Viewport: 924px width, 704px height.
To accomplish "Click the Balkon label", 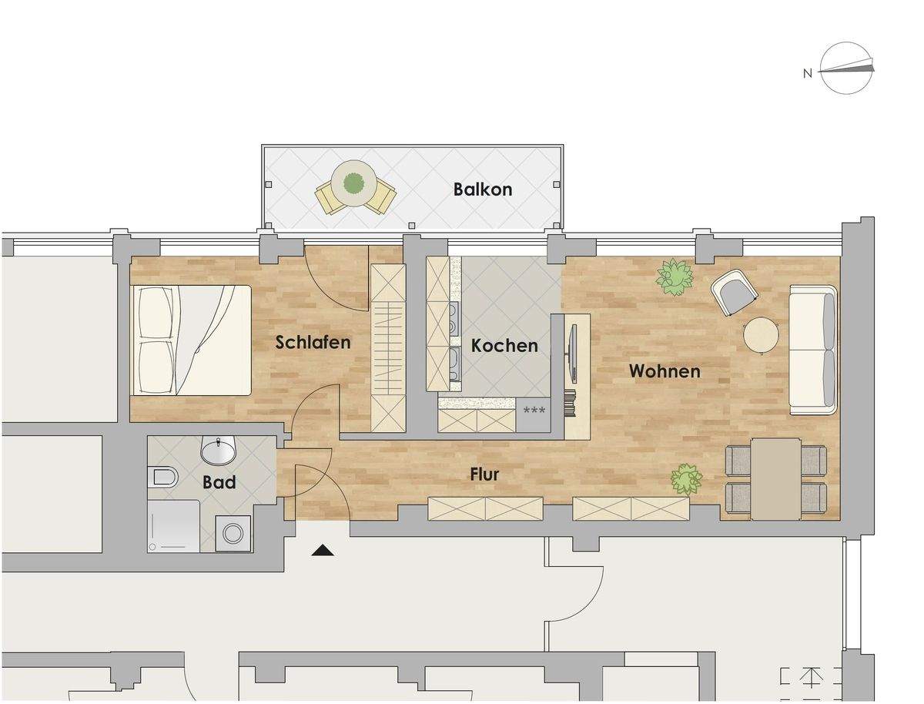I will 483,189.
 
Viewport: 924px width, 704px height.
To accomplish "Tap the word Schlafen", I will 313,343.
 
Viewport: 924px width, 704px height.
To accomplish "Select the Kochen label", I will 504,346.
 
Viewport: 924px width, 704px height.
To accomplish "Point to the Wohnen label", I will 665,371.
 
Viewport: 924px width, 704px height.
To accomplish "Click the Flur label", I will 484,474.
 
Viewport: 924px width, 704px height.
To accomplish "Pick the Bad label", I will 219,483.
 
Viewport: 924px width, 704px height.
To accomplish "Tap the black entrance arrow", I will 323,550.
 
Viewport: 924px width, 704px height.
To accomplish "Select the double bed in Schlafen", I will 192,340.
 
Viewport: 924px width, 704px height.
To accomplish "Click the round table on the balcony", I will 354,183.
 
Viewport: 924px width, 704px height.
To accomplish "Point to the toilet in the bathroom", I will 164,478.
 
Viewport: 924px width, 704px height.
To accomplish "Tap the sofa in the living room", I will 813,349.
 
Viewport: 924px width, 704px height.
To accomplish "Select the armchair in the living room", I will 734,292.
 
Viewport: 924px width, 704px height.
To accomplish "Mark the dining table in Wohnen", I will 775,478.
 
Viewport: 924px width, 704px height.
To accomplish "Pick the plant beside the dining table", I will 685,479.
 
